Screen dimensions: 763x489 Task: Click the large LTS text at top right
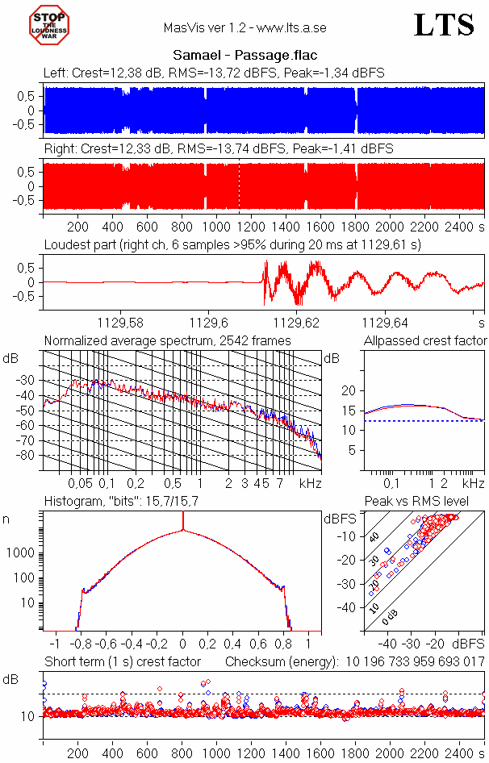coord(444,25)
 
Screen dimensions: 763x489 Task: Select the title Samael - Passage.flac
coord(245,56)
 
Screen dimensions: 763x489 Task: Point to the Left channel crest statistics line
coord(214,73)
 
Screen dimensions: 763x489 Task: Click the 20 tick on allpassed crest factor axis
coord(349,390)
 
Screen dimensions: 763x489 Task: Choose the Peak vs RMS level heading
coord(427,502)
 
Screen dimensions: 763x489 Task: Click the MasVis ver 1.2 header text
coord(245,27)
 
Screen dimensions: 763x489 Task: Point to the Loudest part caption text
coord(241,244)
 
